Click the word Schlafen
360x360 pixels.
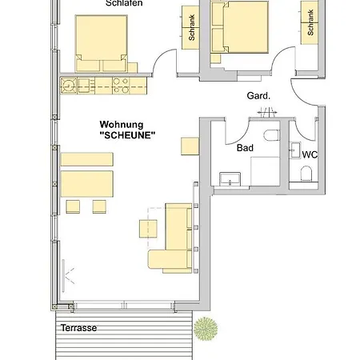[x=123, y=3]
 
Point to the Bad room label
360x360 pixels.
[x=246, y=148]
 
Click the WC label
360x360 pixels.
[x=309, y=154]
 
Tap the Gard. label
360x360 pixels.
[x=258, y=96]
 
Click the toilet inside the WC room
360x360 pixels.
[x=305, y=174]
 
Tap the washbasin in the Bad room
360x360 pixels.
[x=230, y=178]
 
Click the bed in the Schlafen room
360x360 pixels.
[x=101, y=43]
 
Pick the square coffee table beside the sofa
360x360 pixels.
[x=150, y=228]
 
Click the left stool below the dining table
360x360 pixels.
[x=74, y=206]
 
